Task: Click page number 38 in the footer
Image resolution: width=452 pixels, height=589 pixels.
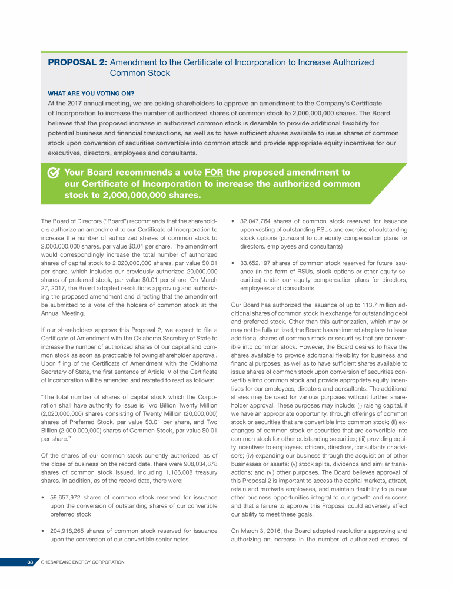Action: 29,562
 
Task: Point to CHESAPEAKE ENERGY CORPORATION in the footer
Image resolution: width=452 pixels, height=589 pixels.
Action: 82,562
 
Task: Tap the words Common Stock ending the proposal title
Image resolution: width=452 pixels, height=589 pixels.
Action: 140,74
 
